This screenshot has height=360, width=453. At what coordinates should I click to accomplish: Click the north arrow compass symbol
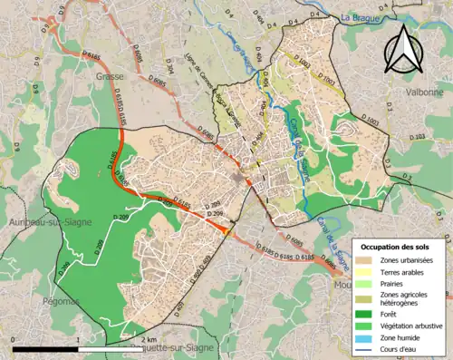(405, 47)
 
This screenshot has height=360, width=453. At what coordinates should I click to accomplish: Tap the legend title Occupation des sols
(397, 247)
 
